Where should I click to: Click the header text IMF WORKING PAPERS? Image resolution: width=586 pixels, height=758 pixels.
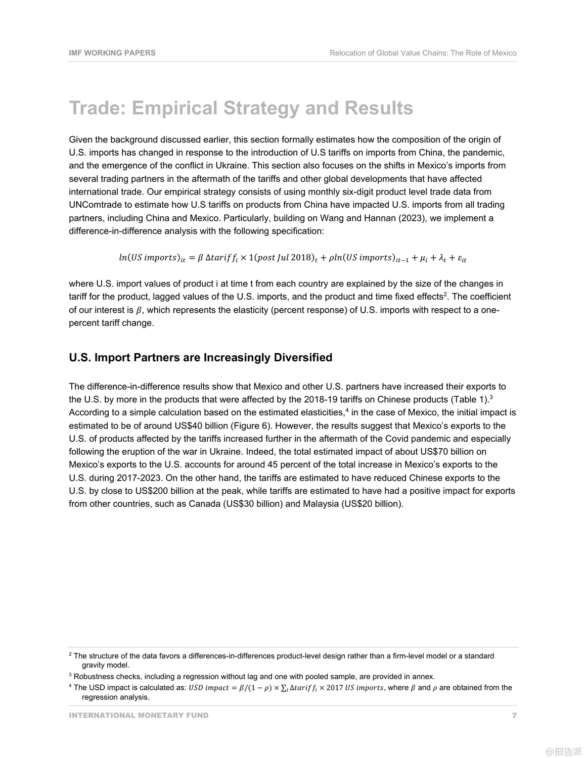112,53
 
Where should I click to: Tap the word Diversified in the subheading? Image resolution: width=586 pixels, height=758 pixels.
303,358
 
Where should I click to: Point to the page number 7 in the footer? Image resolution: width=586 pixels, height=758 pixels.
514,716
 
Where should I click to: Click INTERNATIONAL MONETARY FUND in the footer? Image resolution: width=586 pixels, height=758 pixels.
139,716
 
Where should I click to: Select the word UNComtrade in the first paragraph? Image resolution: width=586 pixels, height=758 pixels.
95,205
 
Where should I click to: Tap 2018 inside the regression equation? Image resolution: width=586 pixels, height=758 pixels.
301,258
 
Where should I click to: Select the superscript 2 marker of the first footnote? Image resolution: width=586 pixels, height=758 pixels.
70,654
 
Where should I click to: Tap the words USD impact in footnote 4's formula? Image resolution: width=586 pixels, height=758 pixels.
208,688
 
